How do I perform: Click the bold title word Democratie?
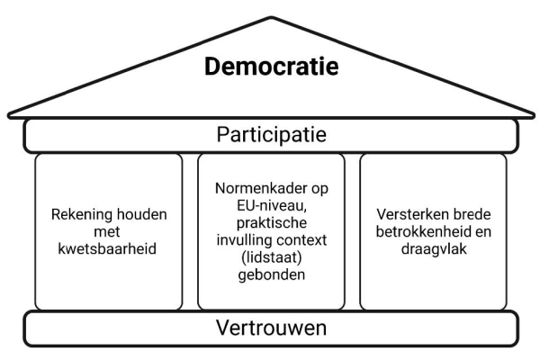pyautogui.click(x=272, y=66)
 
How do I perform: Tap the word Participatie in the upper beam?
pyautogui.click(x=272, y=135)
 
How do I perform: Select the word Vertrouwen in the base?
pyautogui.click(x=272, y=328)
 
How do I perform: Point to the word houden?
pyautogui.click(x=142, y=214)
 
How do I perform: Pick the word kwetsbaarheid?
pyautogui.click(x=107, y=248)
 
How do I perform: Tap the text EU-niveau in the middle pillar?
pyautogui.click(x=272, y=206)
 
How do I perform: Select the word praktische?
pyautogui.click(x=272, y=223)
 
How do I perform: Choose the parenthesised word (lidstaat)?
pyautogui.click(x=272, y=257)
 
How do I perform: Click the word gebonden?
pyautogui.click(x=272, y=275)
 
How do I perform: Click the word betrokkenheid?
pyautogui.click(x=422, y=231)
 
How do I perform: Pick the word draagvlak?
pyautogui.click(x=434, y=249)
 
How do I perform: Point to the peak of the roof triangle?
pyautogui.click(x=272, y=17)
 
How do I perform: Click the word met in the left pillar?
pyautogui.click(x=107, y=232)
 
